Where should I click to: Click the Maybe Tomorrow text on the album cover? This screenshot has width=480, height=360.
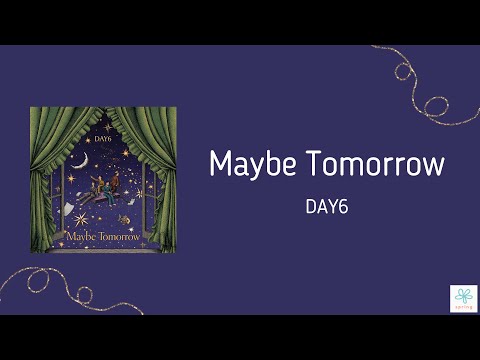coord(103,239)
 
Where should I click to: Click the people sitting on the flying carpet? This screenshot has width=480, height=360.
coord(104,186)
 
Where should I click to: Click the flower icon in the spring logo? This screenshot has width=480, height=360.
coord(463,295)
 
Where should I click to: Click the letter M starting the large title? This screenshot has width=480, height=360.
coord(221,163)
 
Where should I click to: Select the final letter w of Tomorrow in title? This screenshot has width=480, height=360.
coord(432,165)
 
